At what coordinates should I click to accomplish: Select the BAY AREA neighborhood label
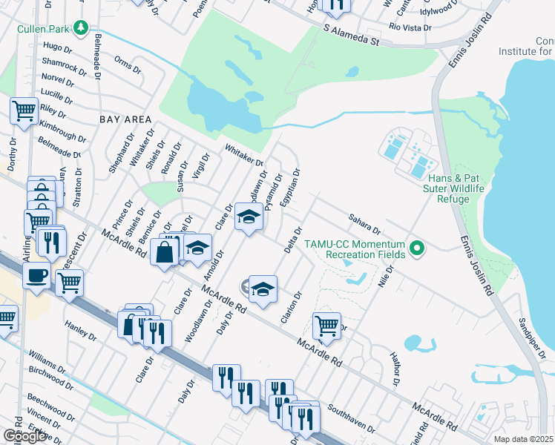pyautogui.click(x=125, y=119)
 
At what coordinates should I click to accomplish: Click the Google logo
pyautogui.click(x=24, y=436)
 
